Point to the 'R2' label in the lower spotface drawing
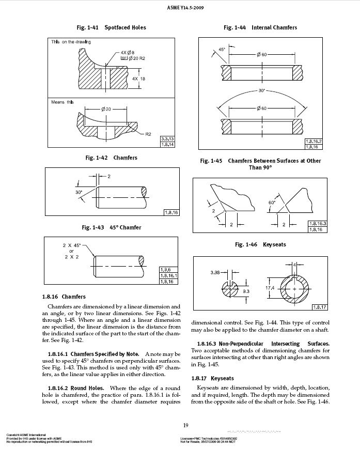point(148,134)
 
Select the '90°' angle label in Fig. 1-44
point(261,90)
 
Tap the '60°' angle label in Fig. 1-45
point(272,202)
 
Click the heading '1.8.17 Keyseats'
point(212,379)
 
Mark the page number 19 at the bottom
point(185,425)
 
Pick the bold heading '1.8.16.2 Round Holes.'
point(83,387)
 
